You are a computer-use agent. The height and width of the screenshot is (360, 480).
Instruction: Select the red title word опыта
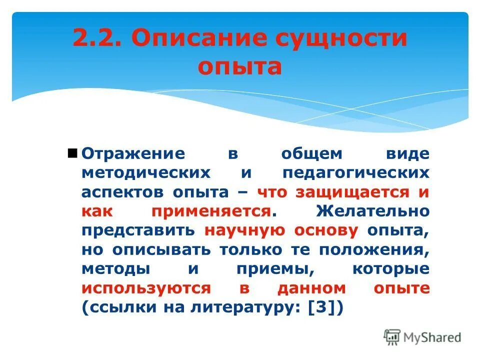(239, 66)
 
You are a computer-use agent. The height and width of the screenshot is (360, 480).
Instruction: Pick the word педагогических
(356, 173)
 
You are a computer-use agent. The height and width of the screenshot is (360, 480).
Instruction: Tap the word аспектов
(124, 192)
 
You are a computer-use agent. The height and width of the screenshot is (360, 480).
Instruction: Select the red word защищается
(352, 192)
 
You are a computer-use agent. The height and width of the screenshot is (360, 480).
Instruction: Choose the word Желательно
(372, 211)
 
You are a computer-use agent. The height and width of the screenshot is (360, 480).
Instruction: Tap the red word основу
(325, 230)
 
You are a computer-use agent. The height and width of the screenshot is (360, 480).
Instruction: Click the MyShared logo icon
(392, 336)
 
